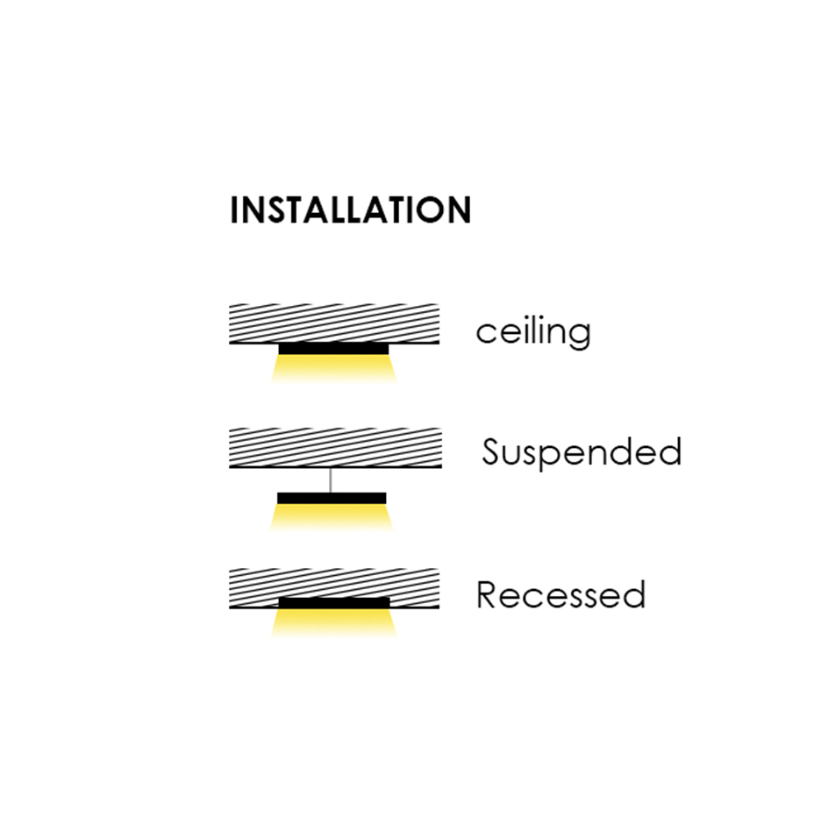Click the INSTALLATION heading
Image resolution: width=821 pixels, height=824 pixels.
click(x=350, y=211)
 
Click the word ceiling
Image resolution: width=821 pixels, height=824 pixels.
click(x=532, y=332)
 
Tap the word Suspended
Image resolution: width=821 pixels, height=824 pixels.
click(x=582, y=453)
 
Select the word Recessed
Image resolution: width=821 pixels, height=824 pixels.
click(x=560, y=595)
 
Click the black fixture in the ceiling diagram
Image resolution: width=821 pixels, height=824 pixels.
click(x=333, y=349)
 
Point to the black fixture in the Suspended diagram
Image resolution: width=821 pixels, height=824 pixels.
click(x=332, y=498)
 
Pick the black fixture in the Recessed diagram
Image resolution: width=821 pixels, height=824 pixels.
click(x=333, y=602)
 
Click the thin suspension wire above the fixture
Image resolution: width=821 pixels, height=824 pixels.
click(x=331, y=479)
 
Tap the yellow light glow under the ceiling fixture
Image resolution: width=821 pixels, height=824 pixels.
click(x=333, y=369)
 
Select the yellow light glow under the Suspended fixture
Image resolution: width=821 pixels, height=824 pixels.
click(x=332, y=518)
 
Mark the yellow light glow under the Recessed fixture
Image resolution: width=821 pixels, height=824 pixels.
click(x=333, y=622)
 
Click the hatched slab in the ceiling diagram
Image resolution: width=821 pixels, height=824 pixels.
click(x=333, y=323)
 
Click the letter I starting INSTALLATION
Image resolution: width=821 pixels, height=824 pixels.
click(x=234, y=211)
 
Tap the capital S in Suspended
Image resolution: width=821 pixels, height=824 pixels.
click(x=491, y=452)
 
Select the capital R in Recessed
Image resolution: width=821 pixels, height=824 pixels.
click(x=488, y=595)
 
